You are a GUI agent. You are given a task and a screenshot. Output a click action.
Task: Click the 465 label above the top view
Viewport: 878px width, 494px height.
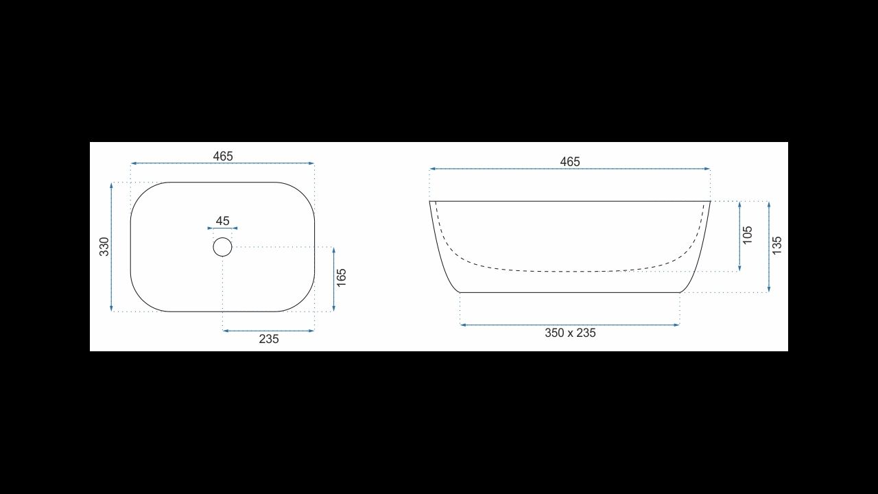coord(223,156)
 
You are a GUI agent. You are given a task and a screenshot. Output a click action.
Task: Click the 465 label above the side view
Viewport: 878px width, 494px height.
coord(569,161)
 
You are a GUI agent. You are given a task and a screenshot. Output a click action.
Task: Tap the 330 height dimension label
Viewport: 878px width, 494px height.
coord(104,246)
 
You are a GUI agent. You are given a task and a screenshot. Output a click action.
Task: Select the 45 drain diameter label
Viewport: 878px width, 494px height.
coord(222,221)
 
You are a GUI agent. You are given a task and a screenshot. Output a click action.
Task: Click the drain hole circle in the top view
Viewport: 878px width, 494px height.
coord(223,237)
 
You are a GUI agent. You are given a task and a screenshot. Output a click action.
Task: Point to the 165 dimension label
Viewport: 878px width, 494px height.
coord(342,278)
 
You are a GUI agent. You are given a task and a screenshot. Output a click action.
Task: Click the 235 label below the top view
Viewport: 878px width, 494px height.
coord(268,339)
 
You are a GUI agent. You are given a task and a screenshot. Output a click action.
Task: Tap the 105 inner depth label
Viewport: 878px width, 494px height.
coord(748,235)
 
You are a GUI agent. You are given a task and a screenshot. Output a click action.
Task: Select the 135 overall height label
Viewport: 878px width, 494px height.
coord(776,246)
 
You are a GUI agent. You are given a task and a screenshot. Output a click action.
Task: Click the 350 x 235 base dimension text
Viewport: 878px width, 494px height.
coord(570,333)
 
